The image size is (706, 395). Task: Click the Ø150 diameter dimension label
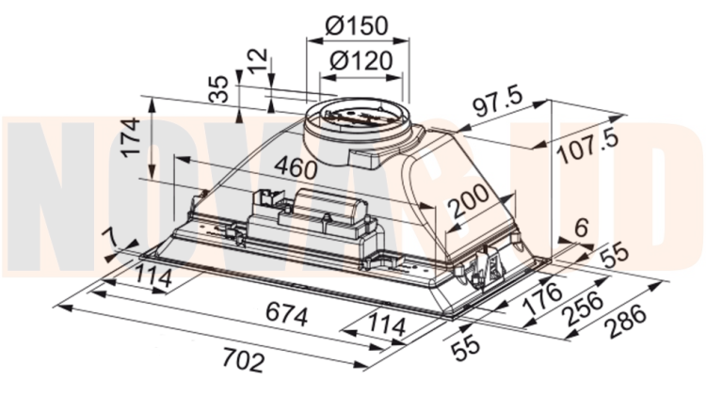pos(356,25)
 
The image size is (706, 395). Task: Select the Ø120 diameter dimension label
pos(361,61)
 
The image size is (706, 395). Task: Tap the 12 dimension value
pos(258,61)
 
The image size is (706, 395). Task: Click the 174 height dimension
pos(131,136)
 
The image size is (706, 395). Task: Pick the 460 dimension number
pos(297,167)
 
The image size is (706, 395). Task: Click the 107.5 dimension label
pos(588,146)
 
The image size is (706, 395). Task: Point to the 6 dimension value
pos(582,228)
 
